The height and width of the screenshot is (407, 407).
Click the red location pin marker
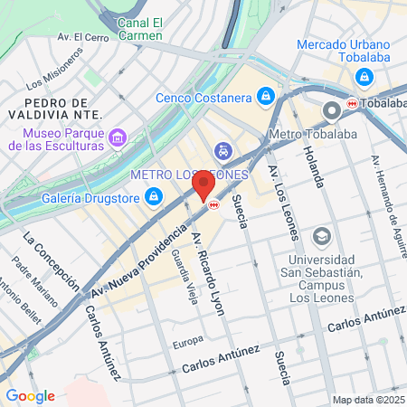pos(203,186)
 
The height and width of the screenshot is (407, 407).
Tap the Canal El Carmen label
pos(140,27)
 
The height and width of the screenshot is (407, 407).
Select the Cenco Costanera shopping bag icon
pos(265,95)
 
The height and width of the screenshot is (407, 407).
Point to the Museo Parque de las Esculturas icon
pos(117,137)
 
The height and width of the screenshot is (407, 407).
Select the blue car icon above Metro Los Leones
pos(222,150)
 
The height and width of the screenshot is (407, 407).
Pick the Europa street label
pos(188,343)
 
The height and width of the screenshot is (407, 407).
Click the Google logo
pos(30,395)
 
